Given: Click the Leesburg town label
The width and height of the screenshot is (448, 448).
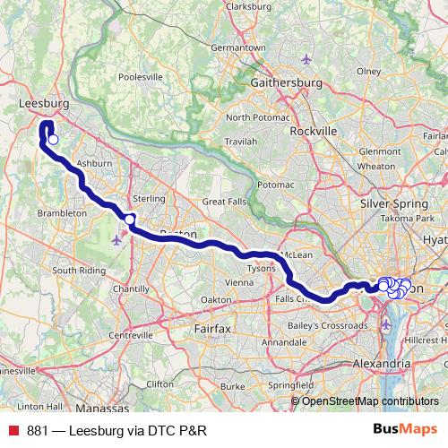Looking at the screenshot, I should (x=39, y=104).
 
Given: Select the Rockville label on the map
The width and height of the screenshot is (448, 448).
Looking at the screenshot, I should (x=314, y=130).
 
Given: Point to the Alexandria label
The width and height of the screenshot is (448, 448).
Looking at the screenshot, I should (x=380, y=364).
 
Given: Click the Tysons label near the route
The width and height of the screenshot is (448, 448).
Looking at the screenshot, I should (x=261, y=268).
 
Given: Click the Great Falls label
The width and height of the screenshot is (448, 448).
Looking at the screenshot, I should (x=224, y=202).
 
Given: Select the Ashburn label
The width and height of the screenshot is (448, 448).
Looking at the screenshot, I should (x=94, y=164).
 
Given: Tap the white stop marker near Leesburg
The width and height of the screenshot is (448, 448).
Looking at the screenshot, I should (x=53, y=139).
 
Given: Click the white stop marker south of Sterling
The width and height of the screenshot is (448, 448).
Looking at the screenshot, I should (x=130, y=220).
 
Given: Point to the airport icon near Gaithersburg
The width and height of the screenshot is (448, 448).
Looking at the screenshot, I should (x=306, y=60).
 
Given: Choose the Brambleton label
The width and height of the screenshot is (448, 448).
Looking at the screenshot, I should (x=62, y=213).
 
